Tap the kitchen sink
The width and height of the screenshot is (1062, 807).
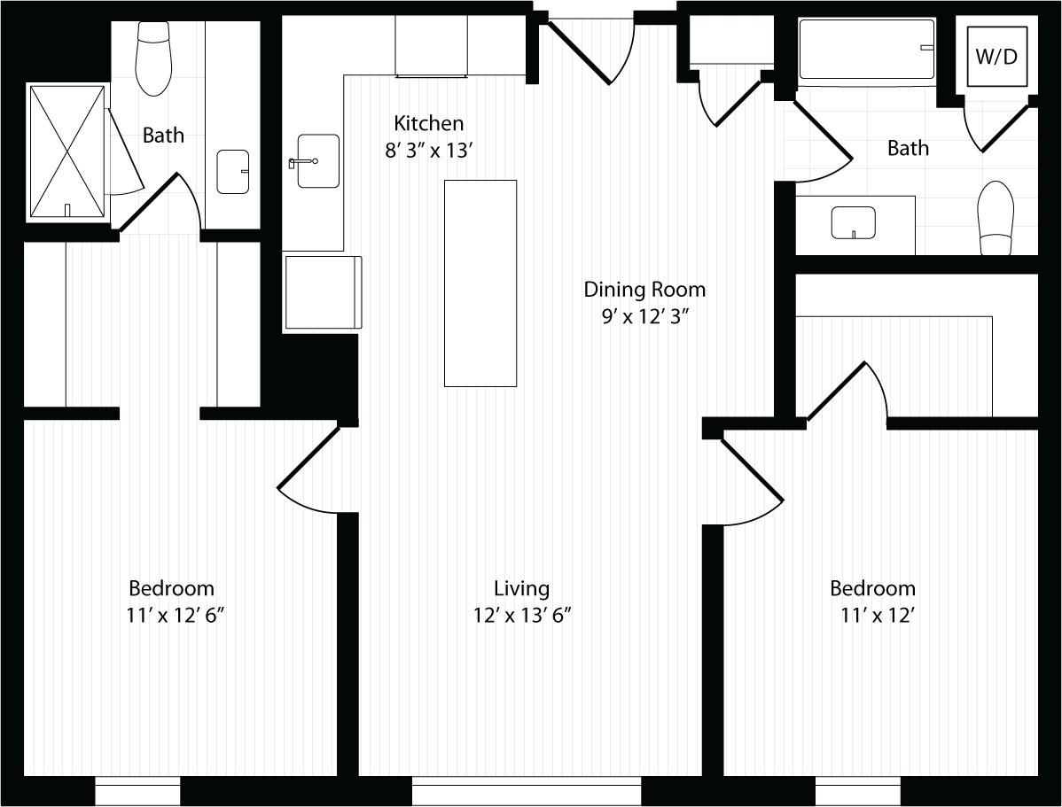pyautogui.click(x=317, y=161)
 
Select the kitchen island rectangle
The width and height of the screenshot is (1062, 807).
pyautogui.click(x=480, y=283)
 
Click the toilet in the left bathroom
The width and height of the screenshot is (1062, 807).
pyautogui.click(x=153, y=58)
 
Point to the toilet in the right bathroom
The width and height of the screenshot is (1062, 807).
pyautogui.click(x=995, y=217)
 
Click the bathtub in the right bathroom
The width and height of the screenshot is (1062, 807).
pyautogui.click(x=867, y=50)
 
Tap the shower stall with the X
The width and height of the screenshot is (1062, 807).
pyautogui.click(x=67, y=151)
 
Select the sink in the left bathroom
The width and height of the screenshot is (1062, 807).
pyautogui.click(x=233, y=172)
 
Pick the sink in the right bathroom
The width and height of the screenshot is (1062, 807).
pyautogui.click(x=853, y=222)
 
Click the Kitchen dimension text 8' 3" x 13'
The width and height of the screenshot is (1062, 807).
pyautogui.click(x=429, y=151)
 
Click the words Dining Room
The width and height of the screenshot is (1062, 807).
pyautogui.click(x=644, y=290)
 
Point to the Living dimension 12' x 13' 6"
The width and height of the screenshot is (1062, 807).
pyautogui.click(x=522, y=614)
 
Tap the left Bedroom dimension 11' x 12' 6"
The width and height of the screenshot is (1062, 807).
pyautogui.click(x=172, y=614)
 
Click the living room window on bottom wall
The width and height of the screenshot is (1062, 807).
pyautogui.click(x=527, y=791)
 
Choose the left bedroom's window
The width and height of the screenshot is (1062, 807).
pyautogui.click(x=137, y=791)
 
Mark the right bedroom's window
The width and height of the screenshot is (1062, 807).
pyautogui.click(x=858, y=791)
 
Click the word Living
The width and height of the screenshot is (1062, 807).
pyautogui.click(x=522, y=588)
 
